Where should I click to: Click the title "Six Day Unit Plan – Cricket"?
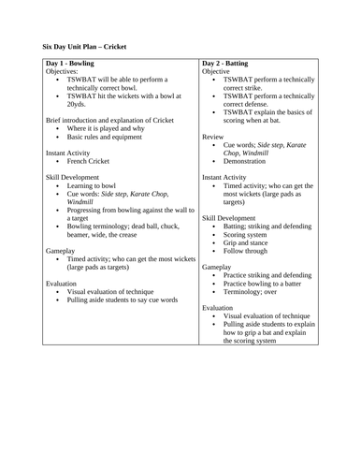(84, 45)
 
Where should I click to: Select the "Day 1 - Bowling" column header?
(72, 63)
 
